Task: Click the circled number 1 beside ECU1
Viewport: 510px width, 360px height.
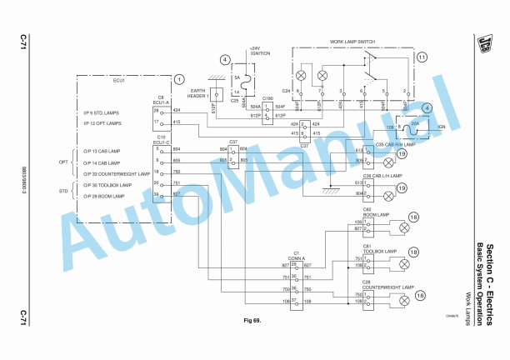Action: coord(177,79)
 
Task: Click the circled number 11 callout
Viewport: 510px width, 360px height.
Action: coord(422,57)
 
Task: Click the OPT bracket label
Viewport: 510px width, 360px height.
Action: coord(63,162)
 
